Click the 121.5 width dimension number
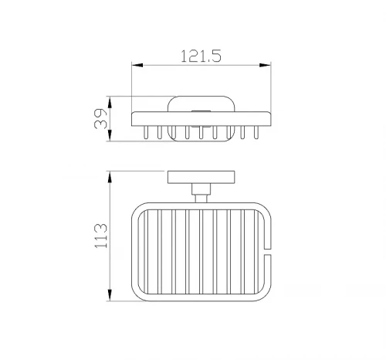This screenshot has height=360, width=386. [201, 56]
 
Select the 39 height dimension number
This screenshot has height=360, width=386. [100, 119]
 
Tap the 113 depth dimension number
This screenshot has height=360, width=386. [101, 236]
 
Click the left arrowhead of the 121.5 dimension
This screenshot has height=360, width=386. [137, 65]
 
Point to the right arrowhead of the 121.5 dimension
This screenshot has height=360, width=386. [265, 65]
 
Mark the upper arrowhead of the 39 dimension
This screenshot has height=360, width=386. [110, 102]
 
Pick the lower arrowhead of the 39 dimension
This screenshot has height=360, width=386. [110, 135]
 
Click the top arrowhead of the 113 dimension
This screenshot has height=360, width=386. [110, 177]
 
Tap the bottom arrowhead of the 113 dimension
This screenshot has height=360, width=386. [110, 295]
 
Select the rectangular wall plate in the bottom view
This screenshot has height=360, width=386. [201, 177]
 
